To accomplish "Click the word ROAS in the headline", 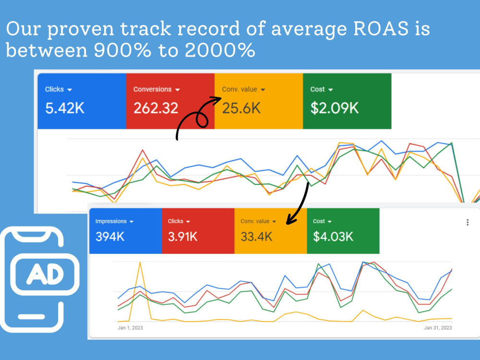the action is click(x=381, y=28).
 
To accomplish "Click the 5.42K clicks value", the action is click(x=65, y=108).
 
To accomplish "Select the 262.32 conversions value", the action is click(x=156, y=108).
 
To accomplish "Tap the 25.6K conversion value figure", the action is click(x=241, y=108).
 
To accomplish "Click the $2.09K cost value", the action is click(x=334, y=108).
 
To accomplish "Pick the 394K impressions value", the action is click(x=110, y=237).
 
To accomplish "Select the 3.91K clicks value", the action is click(x=182, y=237).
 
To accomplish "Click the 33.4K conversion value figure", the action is click(x=256, y=237).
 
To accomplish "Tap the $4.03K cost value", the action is click(x=333, y=237).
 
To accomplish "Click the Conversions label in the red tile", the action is click(x=153, y=89).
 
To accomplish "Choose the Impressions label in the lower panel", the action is click(x=111, y=221).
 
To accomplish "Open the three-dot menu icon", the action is click(x=468, y=222).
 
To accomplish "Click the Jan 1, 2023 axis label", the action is click(x=130, y=328).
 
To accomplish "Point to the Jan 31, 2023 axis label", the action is click(x=438, y=328).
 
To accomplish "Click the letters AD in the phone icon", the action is click(x=45, y=274).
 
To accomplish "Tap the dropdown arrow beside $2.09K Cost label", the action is click(x=330, y=90).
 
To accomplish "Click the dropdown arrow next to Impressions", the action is click(x=132, y=222).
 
